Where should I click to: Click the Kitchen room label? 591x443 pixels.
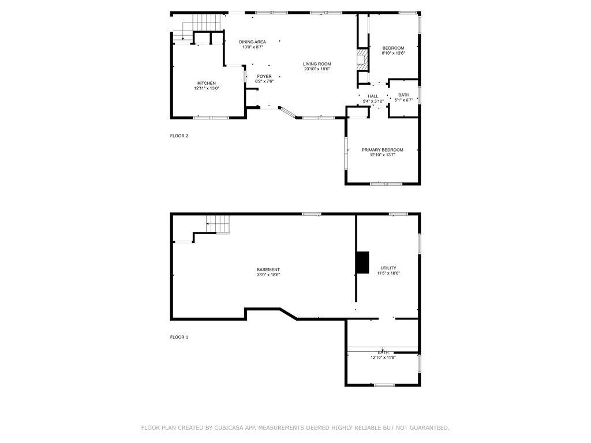point(207,83)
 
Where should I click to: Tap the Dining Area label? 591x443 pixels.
point(253,42)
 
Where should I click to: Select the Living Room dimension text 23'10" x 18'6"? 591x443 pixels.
point(317,69)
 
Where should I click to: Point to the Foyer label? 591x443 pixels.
point(264,77)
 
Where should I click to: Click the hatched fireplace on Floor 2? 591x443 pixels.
point(362,59)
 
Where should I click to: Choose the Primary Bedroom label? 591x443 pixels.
point(382,150)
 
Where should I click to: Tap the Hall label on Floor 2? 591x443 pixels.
point(373,96)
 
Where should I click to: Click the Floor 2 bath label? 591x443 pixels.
point(403,95)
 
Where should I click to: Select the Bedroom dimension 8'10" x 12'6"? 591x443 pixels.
point(393,53)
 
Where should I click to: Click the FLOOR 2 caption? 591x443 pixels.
point(179,136)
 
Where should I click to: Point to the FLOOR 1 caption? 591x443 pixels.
point(179,337)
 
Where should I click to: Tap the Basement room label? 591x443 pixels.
point(268,270)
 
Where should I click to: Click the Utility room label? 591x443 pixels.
point(388,268)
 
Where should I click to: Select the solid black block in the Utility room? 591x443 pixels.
point(362,262)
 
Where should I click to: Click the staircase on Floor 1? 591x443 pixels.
point(218,224)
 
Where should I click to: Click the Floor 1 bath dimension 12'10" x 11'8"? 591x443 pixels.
point(383,358)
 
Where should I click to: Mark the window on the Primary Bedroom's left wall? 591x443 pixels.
point(346,152)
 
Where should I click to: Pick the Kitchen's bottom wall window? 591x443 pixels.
point(211,118)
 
